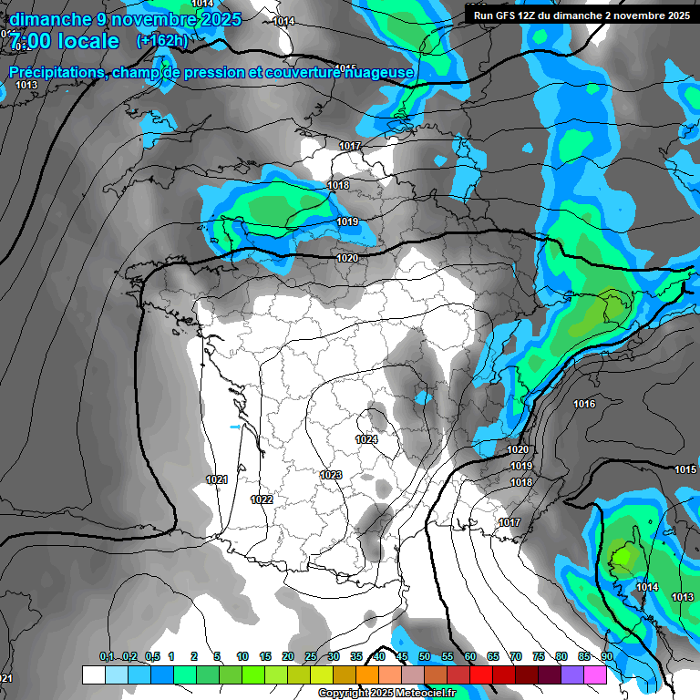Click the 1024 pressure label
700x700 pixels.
[x=366, y=439]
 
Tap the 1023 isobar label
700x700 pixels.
[x=331, y=475]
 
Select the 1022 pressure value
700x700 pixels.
[x=262, y=499]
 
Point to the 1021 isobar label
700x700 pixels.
[x=217, y=479]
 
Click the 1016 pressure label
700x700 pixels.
[x=584, y=404]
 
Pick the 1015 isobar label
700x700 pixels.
[x=685, y=469]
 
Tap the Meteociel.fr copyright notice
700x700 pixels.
[x=386, y=694]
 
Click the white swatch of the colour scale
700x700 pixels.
[x=93, y=674]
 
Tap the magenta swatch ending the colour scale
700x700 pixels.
[x=595, y=674]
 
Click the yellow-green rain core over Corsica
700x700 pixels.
[x=623, y=553]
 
